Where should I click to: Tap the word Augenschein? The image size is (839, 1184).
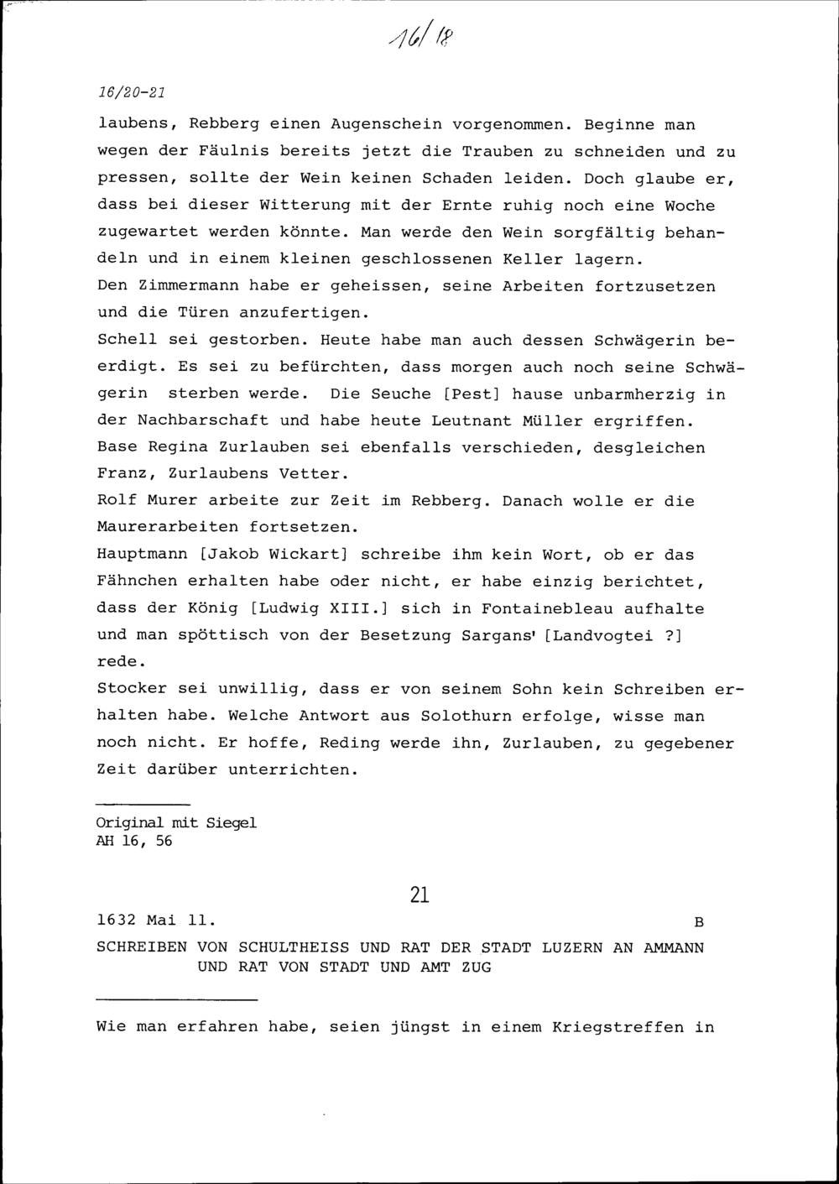pyautogui.click(x=386, y=125)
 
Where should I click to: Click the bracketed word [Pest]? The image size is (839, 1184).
pyautogui.click(x=460, y=394)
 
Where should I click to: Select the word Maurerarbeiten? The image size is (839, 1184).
pyautogui.click(x=168, y=528)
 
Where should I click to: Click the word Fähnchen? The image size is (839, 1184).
pyautogui.click(x=137, y=582)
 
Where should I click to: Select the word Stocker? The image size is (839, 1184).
pyautogui.click(x=132, y=689)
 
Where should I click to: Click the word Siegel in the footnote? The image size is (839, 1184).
pyautogui.click(x=232, y=823)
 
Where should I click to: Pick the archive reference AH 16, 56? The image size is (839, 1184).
pyautogui.click(x=134, y=841)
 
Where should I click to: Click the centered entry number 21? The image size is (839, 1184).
pyautogui.click(x=419, y=895)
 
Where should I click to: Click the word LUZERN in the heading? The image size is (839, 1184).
pyautogui.click(x=572, y=948)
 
